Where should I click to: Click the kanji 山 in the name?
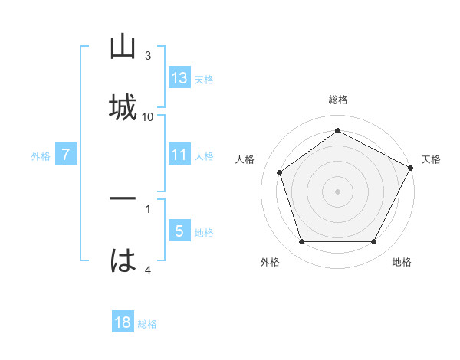(x=123, y=47)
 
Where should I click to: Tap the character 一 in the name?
(x=123, y=199)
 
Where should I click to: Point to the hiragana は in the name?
(x=123, y=260)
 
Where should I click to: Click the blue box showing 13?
(x=179, y=78)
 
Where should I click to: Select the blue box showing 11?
(x=179, y=155)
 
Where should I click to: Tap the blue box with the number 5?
(x=179, y=231)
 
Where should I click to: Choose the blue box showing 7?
(x=66, y=155)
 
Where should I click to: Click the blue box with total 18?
(x=123, y=322)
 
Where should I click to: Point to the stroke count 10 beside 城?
(x=148, y=116)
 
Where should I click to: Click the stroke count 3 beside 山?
(x=148, y=56)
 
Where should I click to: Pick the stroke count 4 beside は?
(x=148, y=270)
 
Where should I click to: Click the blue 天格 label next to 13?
(x=204, y=79)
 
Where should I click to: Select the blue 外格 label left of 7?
(x=41, y=155)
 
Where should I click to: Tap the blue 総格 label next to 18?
(x=147, y=323)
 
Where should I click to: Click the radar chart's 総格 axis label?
(x=338, y=100)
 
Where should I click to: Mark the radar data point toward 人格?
(x=280, y=172)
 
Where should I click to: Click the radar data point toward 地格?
(x=374, y=241)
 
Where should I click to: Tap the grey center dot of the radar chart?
(x=338, y=191)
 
